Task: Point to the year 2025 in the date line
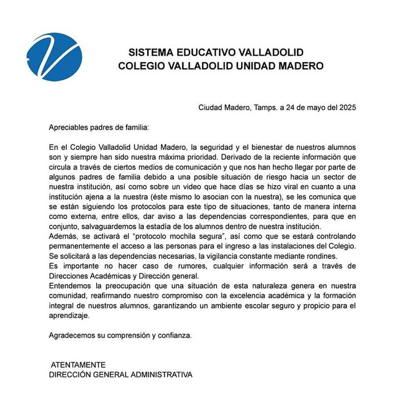(345, 108)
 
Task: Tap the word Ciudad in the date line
(211, 108)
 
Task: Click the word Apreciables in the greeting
(69, 128)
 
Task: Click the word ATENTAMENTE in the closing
(78, 365)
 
